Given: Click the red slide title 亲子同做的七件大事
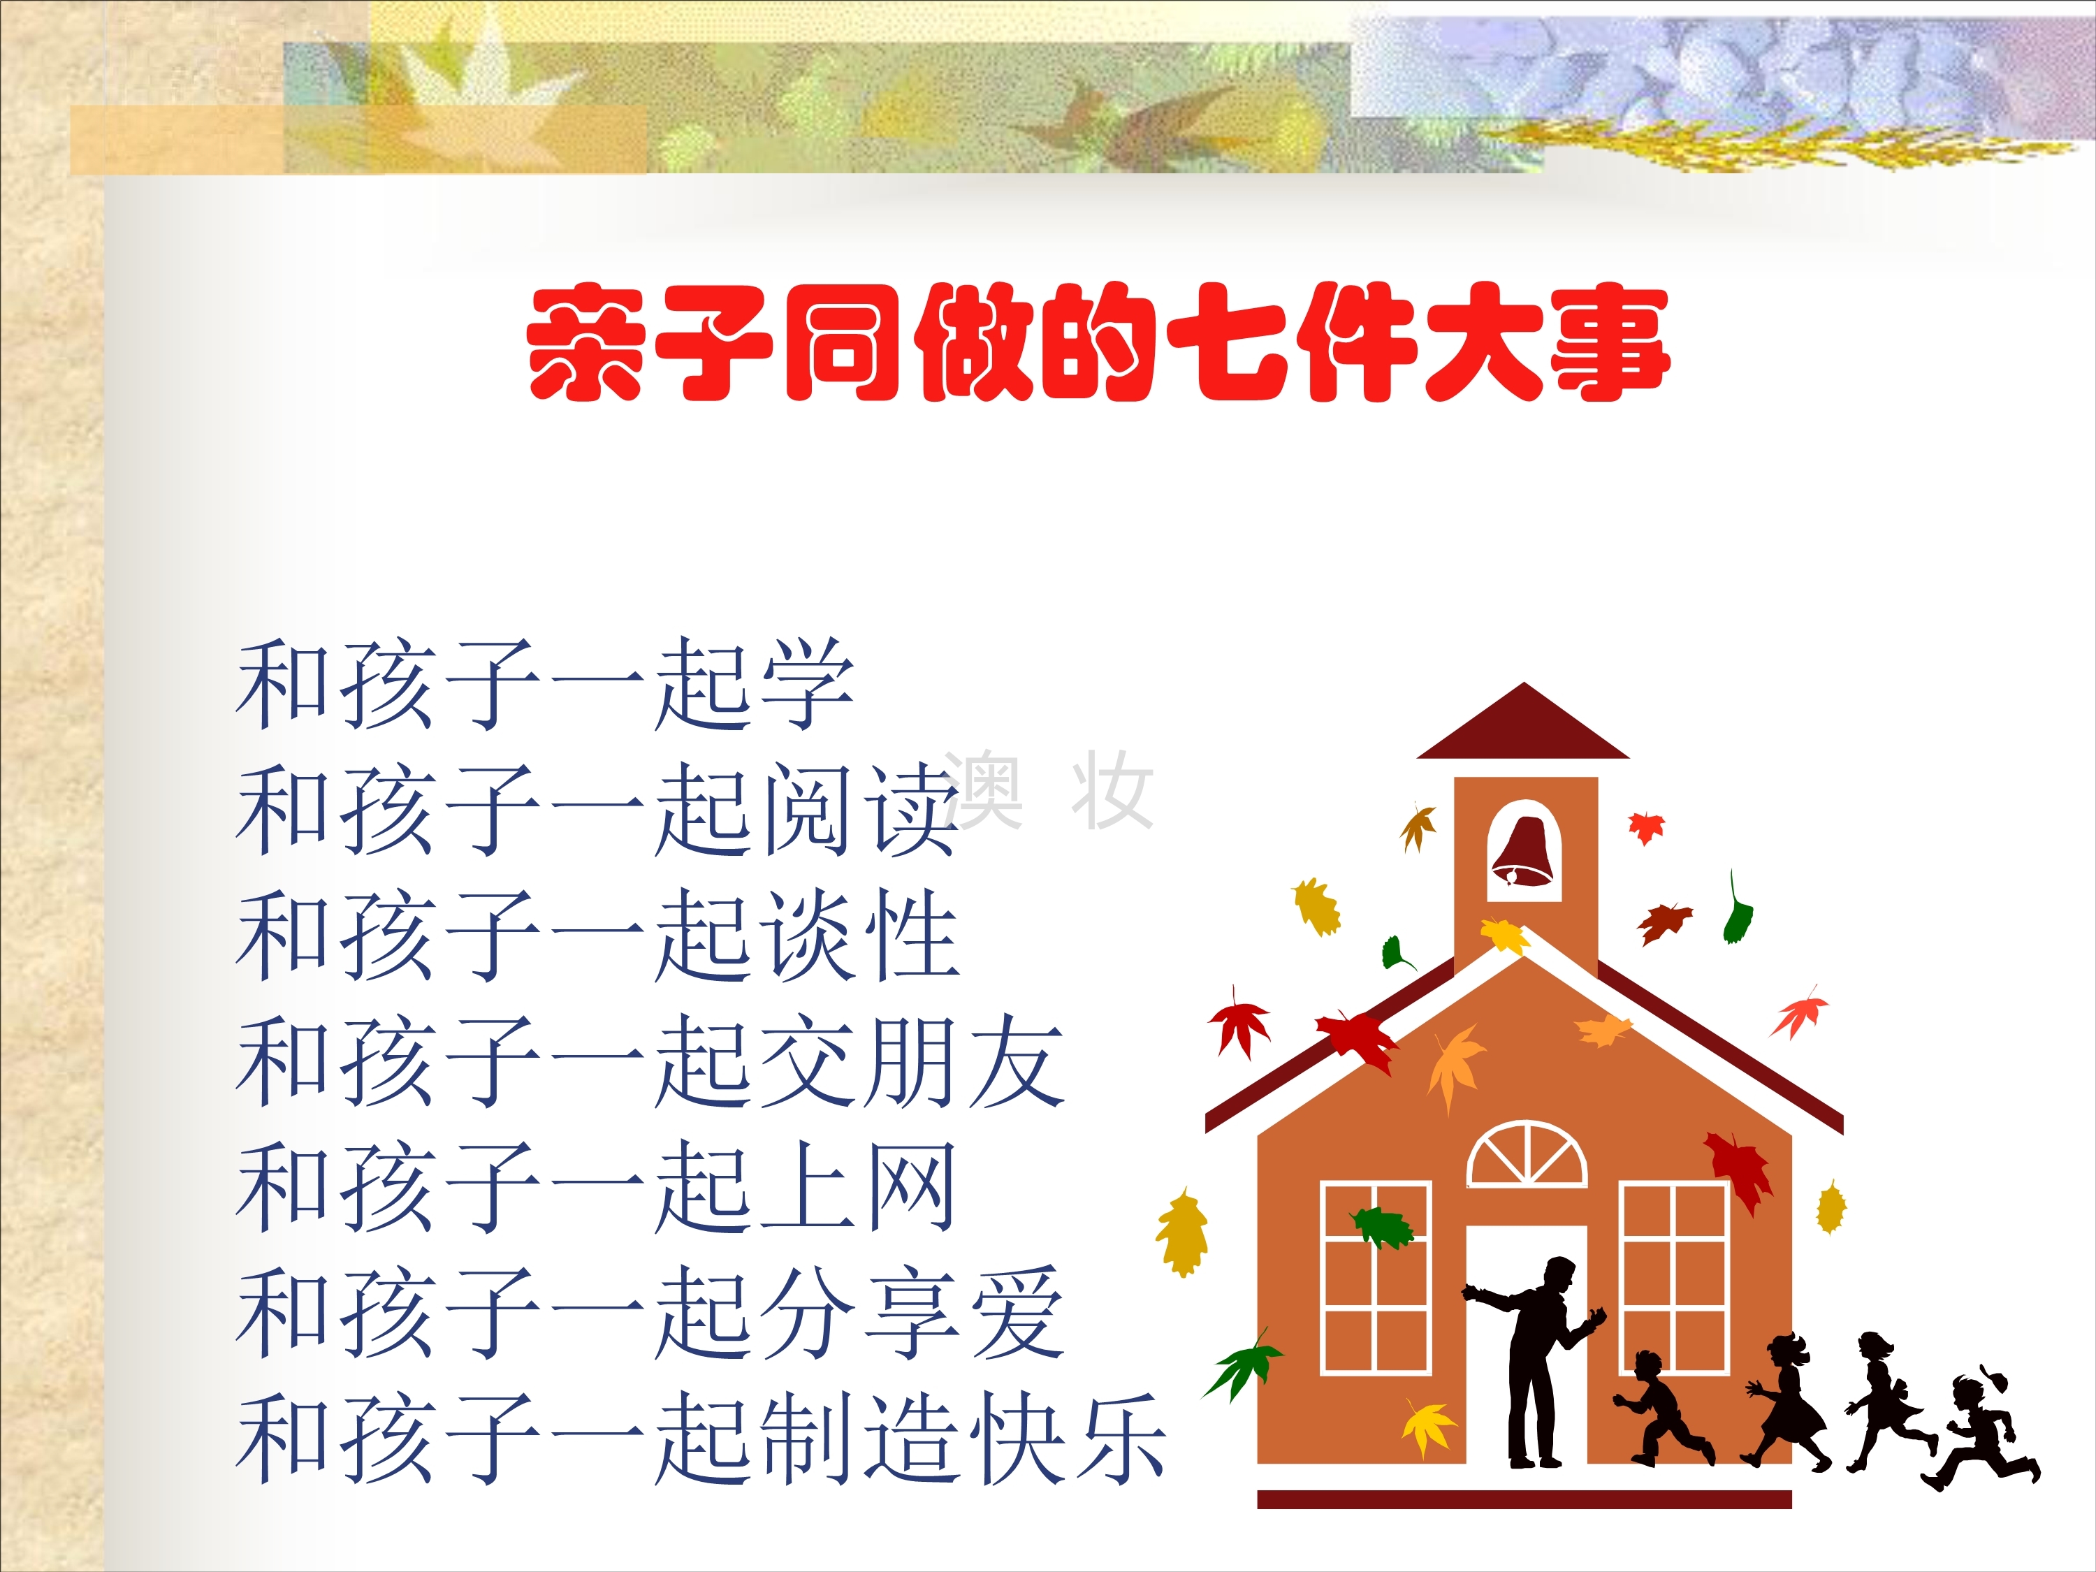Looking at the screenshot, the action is [1098, 342].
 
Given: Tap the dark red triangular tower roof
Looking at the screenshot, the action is [1522, 724].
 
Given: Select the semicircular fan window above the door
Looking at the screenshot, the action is [1527, 1154].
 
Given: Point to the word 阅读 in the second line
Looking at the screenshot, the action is [862, 810].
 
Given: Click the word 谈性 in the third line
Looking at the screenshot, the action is [862, 936].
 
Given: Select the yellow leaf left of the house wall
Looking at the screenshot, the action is [1181, 1232].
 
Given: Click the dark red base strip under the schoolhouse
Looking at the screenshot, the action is [1524, 1499].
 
